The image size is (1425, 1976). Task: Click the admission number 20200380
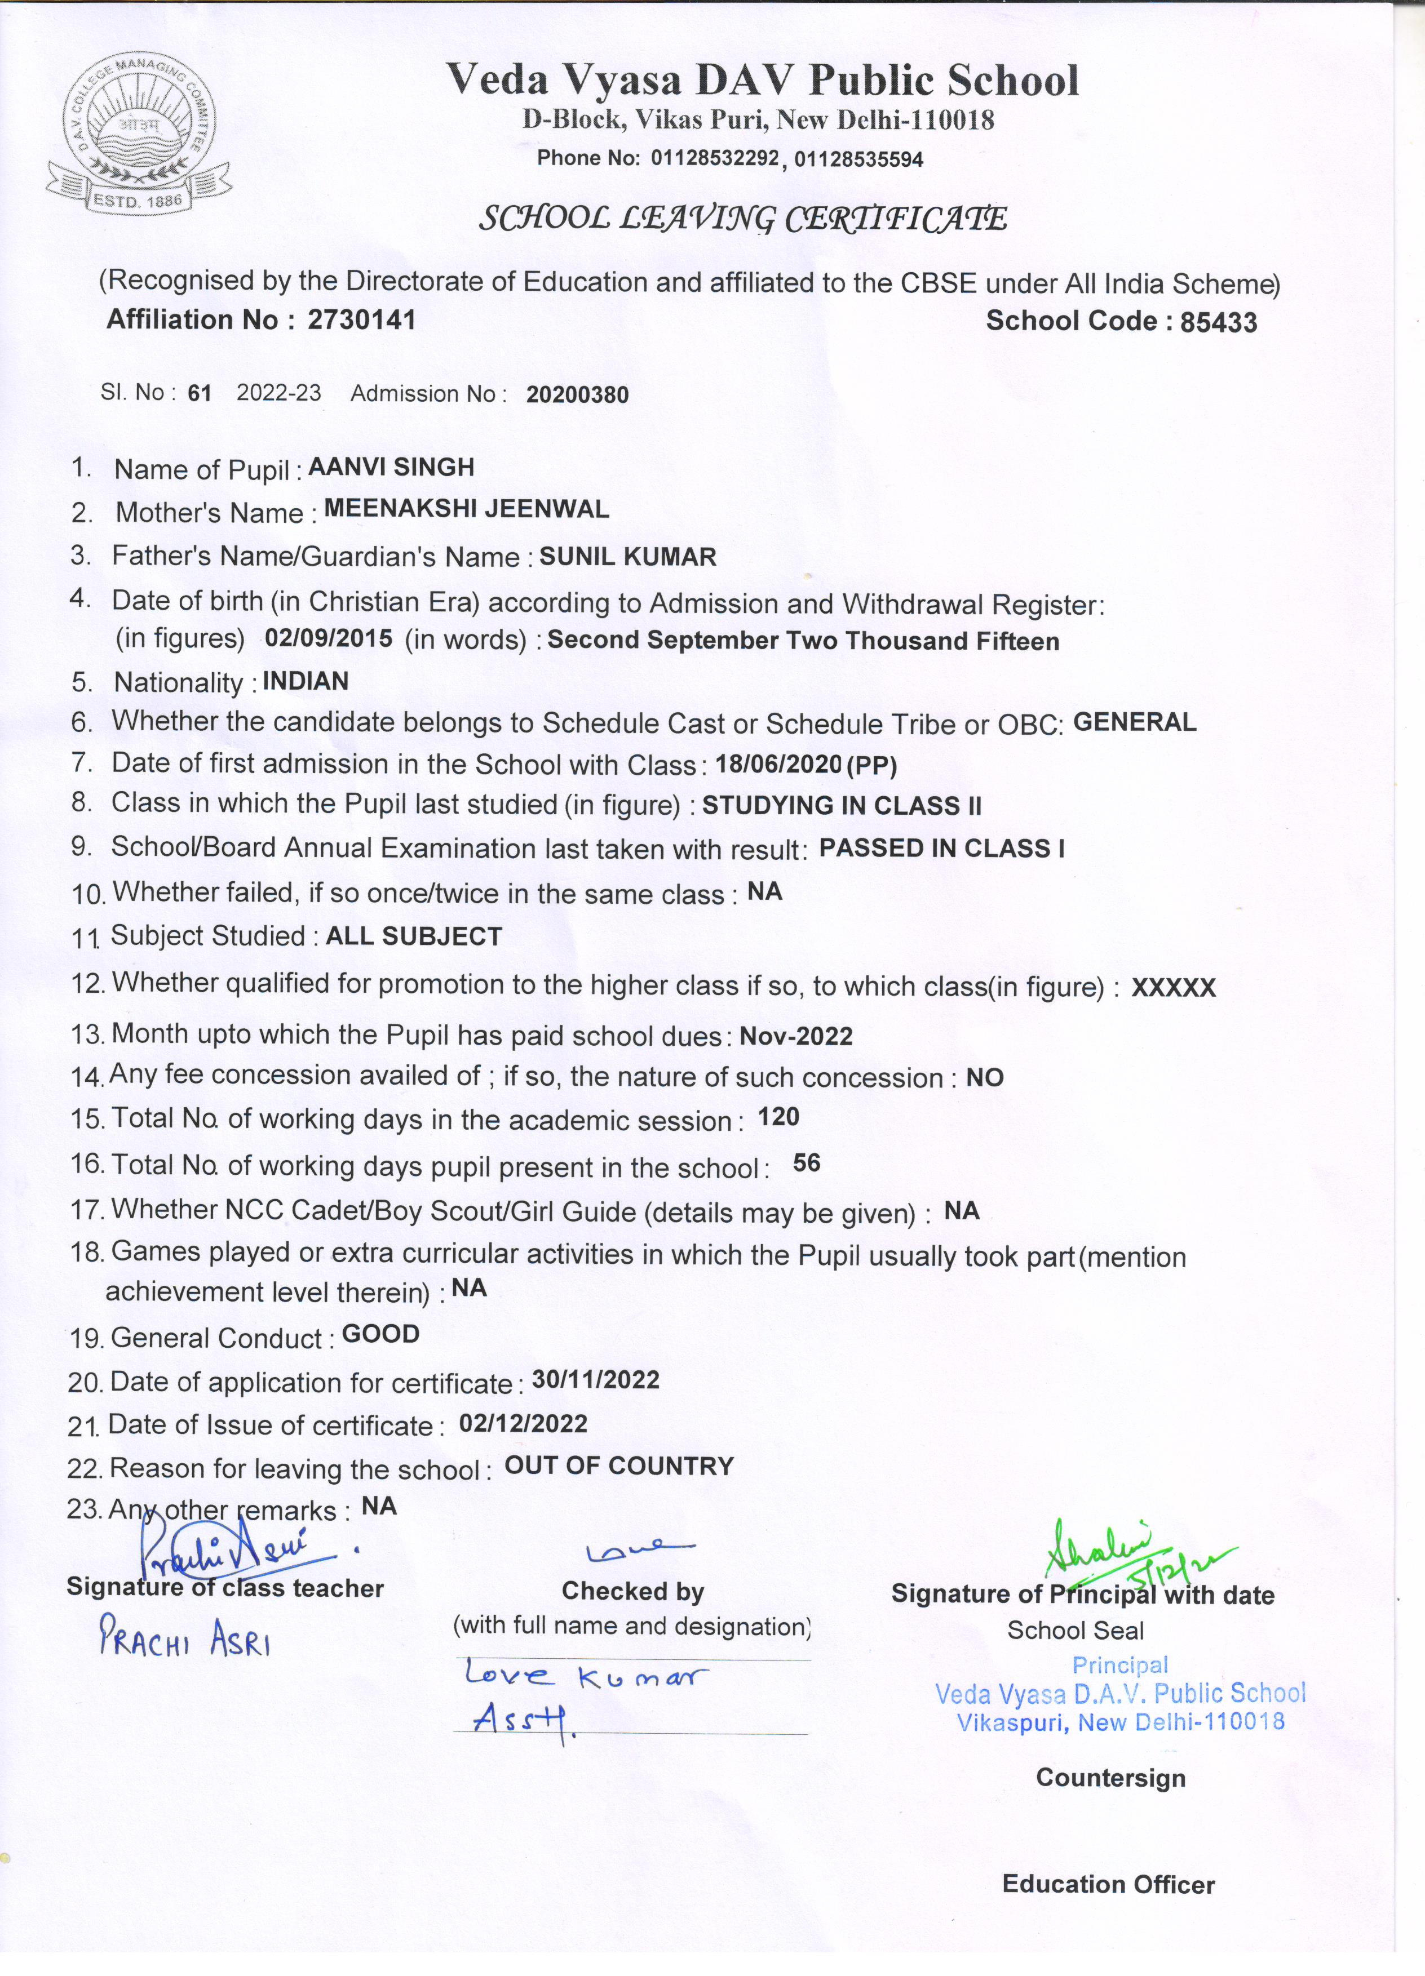coord(577,394)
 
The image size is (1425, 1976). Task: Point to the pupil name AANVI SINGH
coord(391,467)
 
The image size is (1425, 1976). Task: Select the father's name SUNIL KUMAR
coord(627,557)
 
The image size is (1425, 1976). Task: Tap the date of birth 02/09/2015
coord(329,638)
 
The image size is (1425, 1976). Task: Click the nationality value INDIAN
coord(305,681)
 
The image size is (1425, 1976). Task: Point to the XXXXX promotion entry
coord(1173,987)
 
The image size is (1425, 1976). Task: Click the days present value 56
coord(806,1163)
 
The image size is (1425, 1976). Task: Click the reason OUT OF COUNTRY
coord(619,1466)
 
